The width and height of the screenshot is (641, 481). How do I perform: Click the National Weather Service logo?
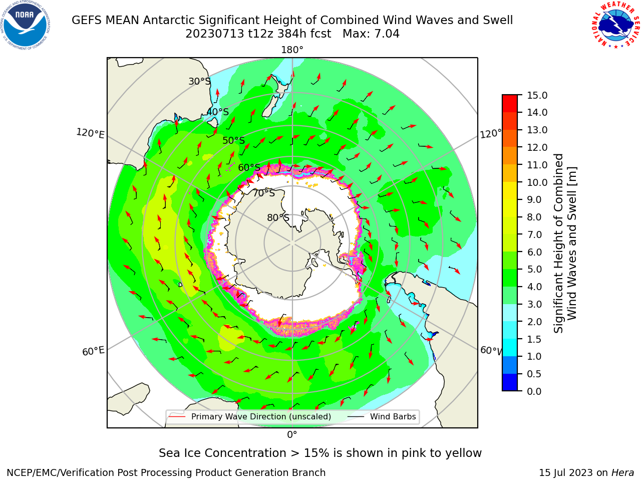tap(615, 25)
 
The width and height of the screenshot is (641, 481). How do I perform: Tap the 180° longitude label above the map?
tap(292, 50)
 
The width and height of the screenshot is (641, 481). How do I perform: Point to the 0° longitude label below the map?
tap(292, 435)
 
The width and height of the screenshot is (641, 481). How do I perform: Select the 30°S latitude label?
tap(199, 81)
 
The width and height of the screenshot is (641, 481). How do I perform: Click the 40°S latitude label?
tap(218, 112)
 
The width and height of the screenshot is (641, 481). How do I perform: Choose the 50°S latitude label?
tap(234, 140)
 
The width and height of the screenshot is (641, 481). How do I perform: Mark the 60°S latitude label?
tap(249, 167)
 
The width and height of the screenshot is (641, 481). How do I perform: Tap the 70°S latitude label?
tap(264, 193)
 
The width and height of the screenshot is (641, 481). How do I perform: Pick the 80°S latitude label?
tap(278, 217)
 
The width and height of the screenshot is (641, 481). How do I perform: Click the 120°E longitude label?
tap(90, 133)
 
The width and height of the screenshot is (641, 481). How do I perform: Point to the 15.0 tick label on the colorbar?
tap(537, 95)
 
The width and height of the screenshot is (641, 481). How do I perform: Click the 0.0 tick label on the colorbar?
tap(534, 391)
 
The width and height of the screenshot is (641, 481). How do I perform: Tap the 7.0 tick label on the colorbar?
tap(534, 234)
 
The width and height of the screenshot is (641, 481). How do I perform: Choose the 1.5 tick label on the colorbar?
tap(534, 339)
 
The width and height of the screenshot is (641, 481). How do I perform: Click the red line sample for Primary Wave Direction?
tap(177, 416)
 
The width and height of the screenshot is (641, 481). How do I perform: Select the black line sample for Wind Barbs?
tap(356, 416)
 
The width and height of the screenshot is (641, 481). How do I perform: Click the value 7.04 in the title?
tap(387, 34)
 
